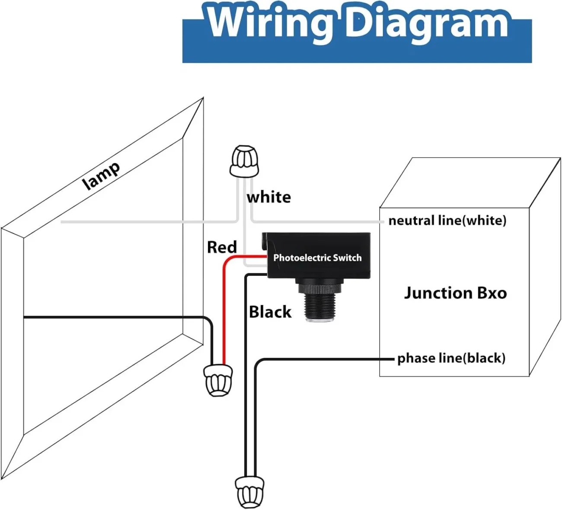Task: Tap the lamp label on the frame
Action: [x=101, y=175]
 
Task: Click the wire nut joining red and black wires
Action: [x=218, y=380]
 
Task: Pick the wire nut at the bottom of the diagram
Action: [x=249, y=492]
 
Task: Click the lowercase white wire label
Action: [x=268, y=197]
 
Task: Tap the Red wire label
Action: [x=222, y=247]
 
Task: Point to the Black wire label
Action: [x=270, y=312]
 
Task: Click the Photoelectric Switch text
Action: [x=317, y=258]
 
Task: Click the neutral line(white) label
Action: [x=447, y=220]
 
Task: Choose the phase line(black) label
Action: [x=451, y=358]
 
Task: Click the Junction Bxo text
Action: [x=455, y=293]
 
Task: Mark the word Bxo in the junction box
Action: [x=492, y=293]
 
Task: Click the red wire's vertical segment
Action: [x=224, y=311]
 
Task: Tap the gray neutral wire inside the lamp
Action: [x=130, y=222]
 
